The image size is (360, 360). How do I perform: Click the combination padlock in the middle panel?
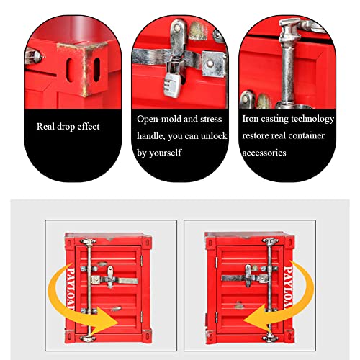click(x=171, y=81)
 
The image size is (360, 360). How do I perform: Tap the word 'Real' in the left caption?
click(x=45, y=126)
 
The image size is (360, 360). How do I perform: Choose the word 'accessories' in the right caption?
click(x=264, y=153)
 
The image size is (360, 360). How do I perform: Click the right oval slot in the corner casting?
click(x=96, y=70)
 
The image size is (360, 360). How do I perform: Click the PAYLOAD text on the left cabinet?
click(x=71, y=289)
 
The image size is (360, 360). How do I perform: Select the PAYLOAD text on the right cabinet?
click(x=288, y=287)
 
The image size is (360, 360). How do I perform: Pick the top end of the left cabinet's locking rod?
click(x=88, y=241)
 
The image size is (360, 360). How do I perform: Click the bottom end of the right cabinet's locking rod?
click(x=271, y=338)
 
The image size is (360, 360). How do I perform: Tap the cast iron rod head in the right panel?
click(x=289, y=29)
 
